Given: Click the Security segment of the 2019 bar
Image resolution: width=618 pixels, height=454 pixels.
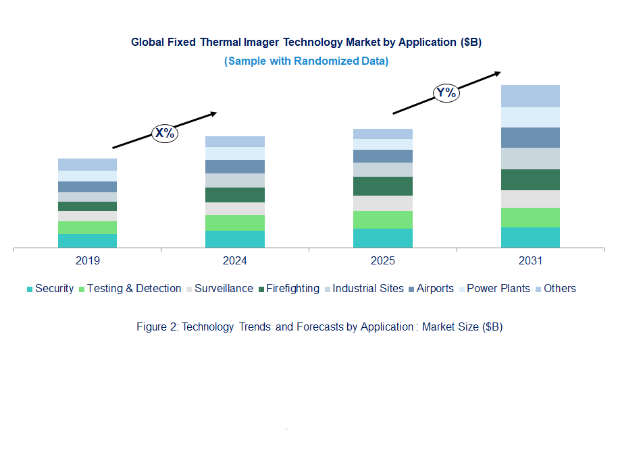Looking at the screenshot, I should tap(87, 242).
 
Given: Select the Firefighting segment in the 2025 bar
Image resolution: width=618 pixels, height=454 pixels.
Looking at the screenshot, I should tap(383, 186).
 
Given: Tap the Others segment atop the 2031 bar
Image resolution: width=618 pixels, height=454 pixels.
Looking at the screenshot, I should tap(530, 96).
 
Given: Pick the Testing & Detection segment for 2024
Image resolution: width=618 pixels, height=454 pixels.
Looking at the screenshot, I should tap(235, 223).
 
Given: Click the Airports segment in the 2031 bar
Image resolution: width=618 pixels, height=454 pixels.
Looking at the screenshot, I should tap(530, 138).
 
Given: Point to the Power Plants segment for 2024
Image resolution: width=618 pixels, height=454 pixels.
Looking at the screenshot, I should tap(235, 153).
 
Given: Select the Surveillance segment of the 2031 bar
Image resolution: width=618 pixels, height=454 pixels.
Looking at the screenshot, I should tap(530, 199).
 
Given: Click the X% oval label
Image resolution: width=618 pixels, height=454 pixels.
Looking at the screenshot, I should tap(164, 133).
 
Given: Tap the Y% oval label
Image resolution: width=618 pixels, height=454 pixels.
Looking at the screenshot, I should tap(446, 92).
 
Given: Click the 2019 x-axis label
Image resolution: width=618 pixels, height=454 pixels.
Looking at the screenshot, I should tap(88, 261).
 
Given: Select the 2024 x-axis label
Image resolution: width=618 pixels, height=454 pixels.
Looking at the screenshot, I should tap(235, 261).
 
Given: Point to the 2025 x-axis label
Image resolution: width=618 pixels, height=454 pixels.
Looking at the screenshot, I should tap(383, 261).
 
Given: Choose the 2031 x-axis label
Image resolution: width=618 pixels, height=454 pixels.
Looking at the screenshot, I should tap(530, 261).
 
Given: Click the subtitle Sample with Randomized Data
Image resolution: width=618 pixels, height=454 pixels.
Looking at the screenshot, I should tap(306, 61).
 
